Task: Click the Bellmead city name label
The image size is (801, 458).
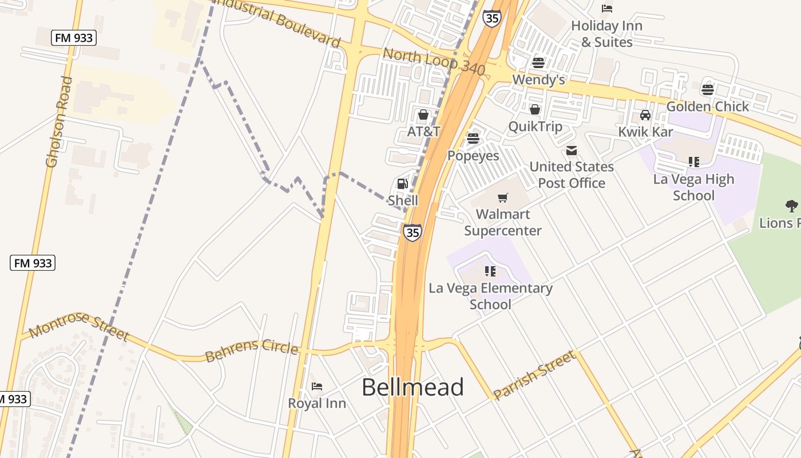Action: [x=413, y=388]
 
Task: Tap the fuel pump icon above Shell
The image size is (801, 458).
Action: [x=402, y=184]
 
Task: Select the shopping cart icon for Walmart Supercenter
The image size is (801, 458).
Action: [x=503, y=198]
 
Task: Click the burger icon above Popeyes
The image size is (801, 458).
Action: [x=473, y=139]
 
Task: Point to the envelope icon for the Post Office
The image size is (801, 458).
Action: [x=571, y=151]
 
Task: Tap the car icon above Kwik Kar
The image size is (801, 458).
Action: [x=645, y=115]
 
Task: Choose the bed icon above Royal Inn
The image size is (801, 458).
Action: [x=317, y=386]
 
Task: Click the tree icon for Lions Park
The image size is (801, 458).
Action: [x=791, y=206]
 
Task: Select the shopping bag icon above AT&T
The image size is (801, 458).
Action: [x=423, y=115]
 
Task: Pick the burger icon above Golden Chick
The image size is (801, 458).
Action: [x=708, y=89]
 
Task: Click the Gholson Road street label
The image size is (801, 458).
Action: [x=60, y=122]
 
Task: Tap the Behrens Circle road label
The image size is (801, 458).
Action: [x=252, y=351]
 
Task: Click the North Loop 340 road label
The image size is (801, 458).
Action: [x=434, y=62]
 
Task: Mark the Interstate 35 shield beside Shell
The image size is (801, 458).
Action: [x=412, y=232]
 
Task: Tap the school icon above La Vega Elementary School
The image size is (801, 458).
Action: [x=490, y=271]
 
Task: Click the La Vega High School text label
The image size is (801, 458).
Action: [x=693, y=187]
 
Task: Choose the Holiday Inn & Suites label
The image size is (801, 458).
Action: [x=606, y=34]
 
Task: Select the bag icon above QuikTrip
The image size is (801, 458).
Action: [x=535, y=109]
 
